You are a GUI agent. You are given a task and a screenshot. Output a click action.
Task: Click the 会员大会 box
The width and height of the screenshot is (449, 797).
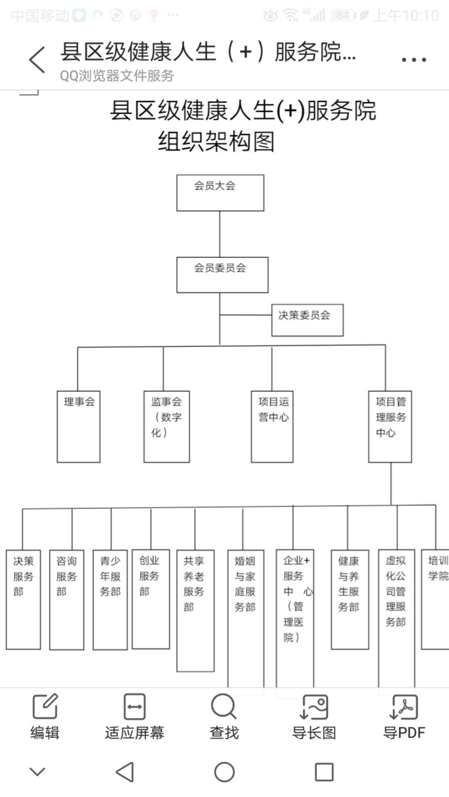[220, 193]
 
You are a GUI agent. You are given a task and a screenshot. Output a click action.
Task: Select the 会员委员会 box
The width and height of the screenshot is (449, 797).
[222, 275]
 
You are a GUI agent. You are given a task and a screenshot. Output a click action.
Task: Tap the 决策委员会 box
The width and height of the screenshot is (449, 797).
[307, 320]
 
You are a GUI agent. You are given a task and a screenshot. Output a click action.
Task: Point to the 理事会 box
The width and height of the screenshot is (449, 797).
[79, 426]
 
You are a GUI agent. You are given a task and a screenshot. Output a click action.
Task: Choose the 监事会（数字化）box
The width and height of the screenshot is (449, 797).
[166, 426]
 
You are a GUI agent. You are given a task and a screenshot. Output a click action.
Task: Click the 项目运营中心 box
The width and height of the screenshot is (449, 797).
[272, 426]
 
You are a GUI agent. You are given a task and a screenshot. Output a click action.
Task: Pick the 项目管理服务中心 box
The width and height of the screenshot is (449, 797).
[390, 426]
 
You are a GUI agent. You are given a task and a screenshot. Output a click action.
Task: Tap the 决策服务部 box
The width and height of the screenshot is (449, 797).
[23, 599]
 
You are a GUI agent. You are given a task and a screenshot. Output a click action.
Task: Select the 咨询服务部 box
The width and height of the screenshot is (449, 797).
[67, 599]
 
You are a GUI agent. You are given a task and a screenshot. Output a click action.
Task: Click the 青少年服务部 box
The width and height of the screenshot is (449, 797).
[110, 599]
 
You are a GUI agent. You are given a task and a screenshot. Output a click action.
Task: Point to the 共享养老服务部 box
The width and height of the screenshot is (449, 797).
[195, 610]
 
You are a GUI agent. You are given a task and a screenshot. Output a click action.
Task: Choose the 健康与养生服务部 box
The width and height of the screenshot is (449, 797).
[350, 599]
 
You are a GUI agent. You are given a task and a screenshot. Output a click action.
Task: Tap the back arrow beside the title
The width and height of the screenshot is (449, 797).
[37, 60]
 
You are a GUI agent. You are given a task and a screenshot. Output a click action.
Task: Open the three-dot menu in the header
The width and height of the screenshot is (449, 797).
[414, 60]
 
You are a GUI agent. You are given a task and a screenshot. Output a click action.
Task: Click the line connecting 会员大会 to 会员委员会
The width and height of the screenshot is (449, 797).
[220, 234]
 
